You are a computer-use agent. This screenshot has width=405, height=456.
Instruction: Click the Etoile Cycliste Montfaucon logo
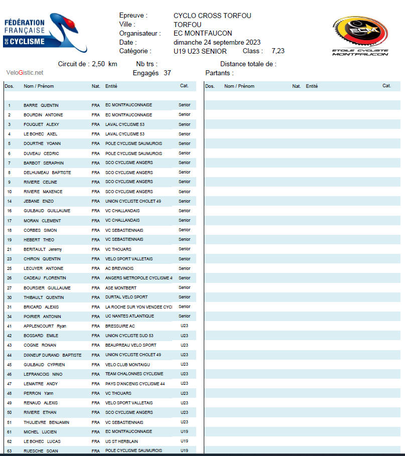point(360,36)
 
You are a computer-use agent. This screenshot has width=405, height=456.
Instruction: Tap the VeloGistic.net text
point(25,73)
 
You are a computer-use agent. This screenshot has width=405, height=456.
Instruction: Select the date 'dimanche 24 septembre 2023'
point(217,42)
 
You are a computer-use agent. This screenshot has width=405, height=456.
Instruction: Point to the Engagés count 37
point(167,73)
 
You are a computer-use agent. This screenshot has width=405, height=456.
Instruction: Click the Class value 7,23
point(278,51)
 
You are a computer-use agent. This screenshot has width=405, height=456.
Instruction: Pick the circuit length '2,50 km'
point(104,64)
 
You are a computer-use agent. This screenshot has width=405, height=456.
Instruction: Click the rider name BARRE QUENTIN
point(41,105)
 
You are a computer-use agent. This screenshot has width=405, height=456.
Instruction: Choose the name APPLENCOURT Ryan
point(45,326)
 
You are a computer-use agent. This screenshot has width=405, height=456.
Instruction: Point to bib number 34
point(9,317)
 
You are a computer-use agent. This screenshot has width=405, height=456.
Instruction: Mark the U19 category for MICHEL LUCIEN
point(184,431)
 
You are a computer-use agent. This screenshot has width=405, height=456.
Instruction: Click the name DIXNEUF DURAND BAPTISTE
point(52,355)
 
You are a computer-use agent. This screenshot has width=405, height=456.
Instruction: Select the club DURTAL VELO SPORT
point(126,297)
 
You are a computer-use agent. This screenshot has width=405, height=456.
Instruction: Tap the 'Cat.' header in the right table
point(386,86)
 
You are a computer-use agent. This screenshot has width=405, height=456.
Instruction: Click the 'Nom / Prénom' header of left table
point(39,86)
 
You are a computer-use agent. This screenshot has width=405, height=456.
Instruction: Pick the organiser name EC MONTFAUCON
point(203,33)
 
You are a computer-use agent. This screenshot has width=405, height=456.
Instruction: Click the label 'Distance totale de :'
point(248,64)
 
